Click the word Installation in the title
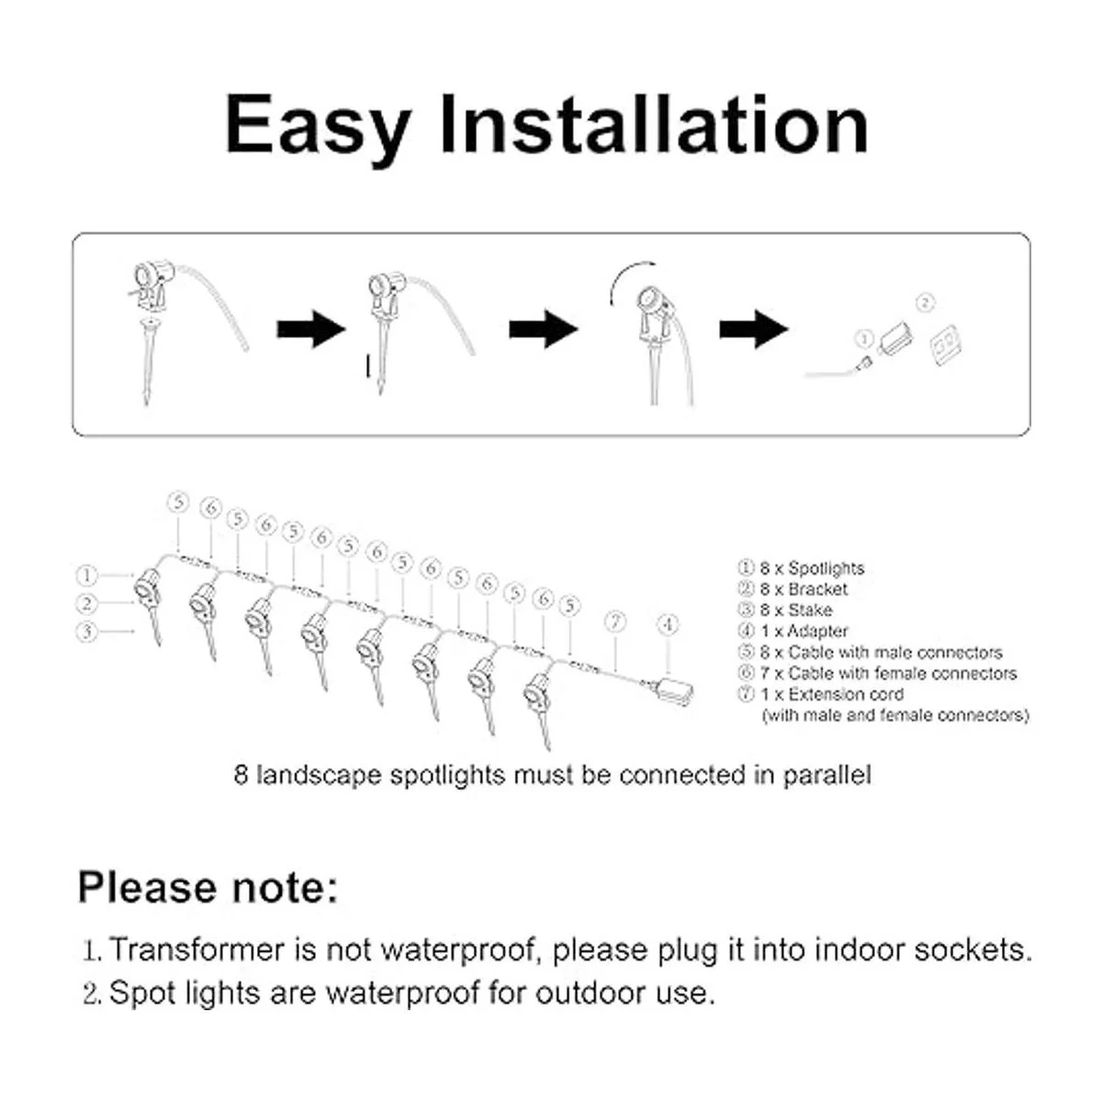pos(654,124)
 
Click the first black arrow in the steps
pos(311,329)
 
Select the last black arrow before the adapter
pos(754,329)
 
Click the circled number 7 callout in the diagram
pos(615,621)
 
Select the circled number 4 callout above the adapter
pos(668,624)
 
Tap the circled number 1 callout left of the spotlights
pos(87,575)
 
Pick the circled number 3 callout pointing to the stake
pos(87,631)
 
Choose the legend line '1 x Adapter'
pos(793,631)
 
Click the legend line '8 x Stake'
pos(785,610)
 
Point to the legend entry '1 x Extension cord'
pos(821,694)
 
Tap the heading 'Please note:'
pos(208,887)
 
